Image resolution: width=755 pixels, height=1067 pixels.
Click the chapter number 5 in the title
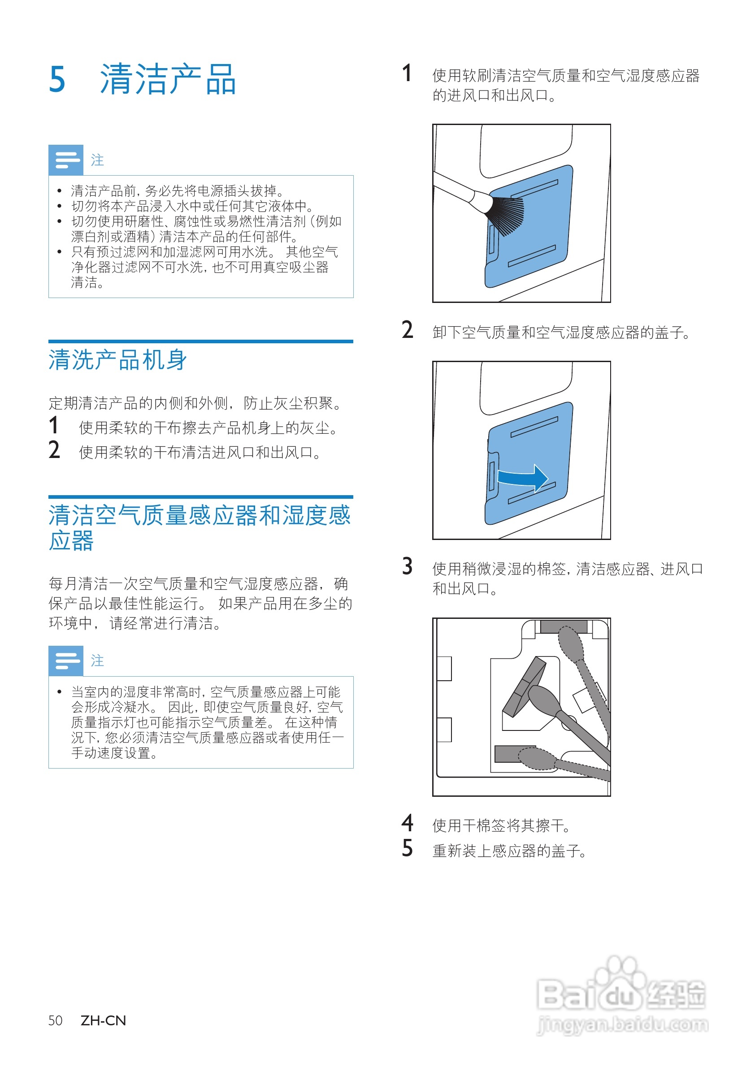click(x=57, y=79)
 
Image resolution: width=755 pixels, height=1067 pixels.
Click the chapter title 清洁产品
click(x=168, y=79)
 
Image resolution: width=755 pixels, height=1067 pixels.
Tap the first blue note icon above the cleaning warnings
click(x=66, y=160)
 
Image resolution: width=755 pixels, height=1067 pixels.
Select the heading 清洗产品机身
click(x=118, y=360)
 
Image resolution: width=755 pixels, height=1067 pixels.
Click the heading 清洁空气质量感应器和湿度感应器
click(x=200, y=527)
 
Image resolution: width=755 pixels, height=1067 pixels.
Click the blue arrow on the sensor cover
click(x=523, y=477)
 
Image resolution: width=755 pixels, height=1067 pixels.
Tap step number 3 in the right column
click(x=407, y=566)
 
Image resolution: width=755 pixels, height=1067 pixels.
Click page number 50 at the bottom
click(x=55, y=1020)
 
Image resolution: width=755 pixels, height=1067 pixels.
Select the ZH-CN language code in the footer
click(x=103, y=1020)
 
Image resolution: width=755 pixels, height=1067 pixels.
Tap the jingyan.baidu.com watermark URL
click(x=623, y=1024)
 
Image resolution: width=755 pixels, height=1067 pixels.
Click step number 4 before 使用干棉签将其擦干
click(x=407, y=823)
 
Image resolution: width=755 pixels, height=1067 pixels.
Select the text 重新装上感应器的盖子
click(x=509, y=851)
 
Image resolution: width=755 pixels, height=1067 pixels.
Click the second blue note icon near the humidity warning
click(x=66, y=661)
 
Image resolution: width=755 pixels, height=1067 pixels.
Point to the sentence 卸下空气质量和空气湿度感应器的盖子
click(x=562, y=332)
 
